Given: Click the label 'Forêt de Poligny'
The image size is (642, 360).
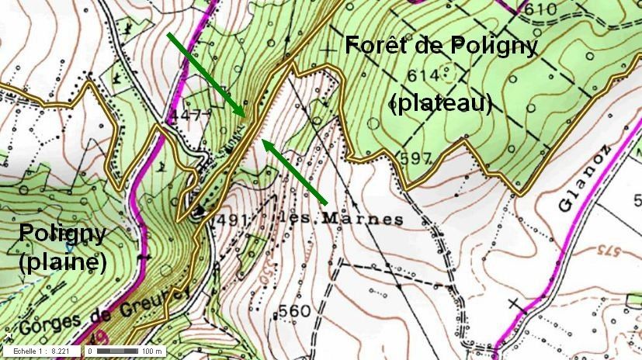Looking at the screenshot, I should coord(441,46).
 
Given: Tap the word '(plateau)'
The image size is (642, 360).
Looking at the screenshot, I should coord(442,102).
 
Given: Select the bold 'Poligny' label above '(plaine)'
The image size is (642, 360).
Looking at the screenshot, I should coord(62,233).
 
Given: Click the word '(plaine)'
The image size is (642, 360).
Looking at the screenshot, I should coord(62,262).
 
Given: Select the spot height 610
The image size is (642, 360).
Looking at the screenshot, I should coord(540,9).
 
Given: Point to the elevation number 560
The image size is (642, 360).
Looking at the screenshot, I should coord(294,311).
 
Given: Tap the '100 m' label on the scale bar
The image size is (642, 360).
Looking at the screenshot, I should coord(153,351).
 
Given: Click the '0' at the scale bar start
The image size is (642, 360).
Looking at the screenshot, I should coord(90,351).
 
